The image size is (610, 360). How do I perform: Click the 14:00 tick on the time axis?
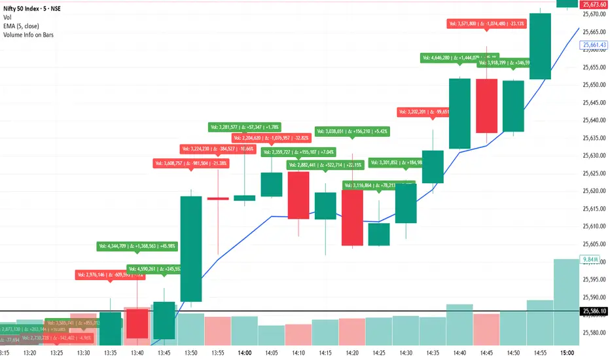pos(245,353)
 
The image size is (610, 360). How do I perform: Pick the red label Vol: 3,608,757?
pos(191,163)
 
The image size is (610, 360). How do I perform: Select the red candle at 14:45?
pos(486,106)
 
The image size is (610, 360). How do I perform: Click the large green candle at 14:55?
pos(540,46)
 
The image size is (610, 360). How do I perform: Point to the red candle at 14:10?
pos(298,195)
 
